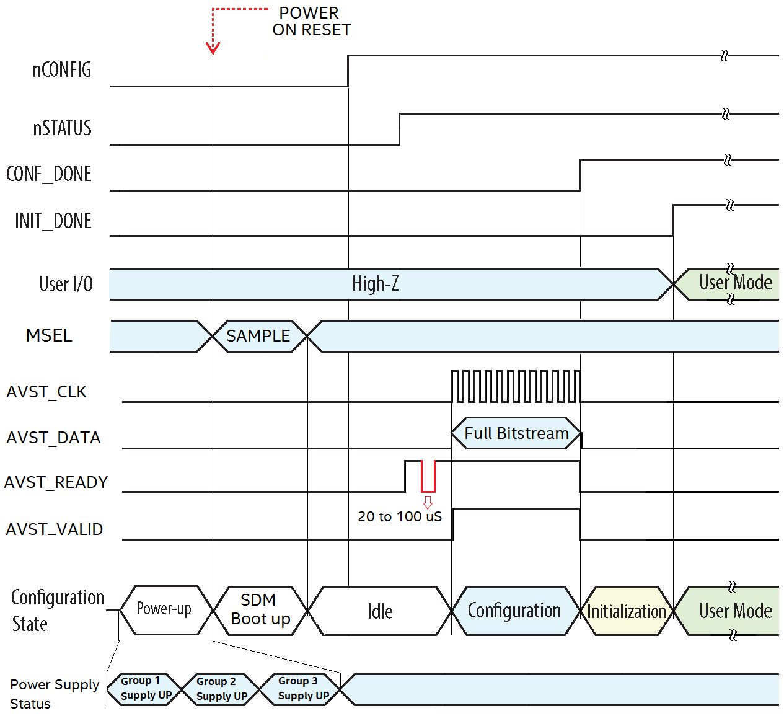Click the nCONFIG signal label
pos(62,70)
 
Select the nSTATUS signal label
pos(62,128)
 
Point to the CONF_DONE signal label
pos(49,174)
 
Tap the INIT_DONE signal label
pos(53,221)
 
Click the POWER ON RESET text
pos(311,22)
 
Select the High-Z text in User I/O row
pos(376,284)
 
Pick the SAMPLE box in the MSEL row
pos(258,336)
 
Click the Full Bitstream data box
pos(516,433)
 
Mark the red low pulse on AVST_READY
pos(428,477)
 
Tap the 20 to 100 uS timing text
pos(400,516)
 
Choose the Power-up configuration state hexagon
pos(164,609)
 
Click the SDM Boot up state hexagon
pos(260,610)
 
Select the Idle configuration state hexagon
pos(380,611)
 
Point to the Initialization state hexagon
pos(627,611)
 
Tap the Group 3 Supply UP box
pos(302,689)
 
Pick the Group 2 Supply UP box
pos(221,689)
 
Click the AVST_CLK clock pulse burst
pos(516,386)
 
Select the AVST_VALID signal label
pos(55,529)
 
